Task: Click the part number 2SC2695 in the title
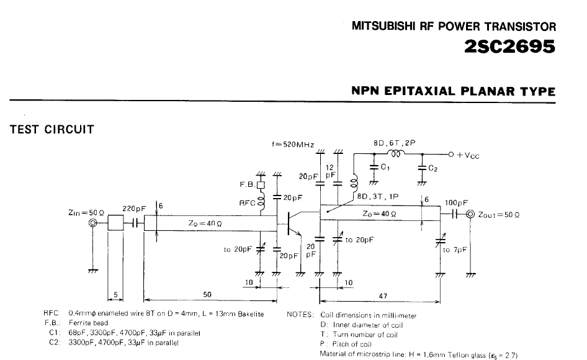tap(509, 47)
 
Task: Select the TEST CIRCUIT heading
tap(52, 130)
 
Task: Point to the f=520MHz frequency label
tap(293, 144)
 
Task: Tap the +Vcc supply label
tap(468, 155)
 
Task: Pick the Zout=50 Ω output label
tap(498, 215)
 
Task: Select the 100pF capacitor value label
tap(456, 203)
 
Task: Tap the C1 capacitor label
tap(385, 166)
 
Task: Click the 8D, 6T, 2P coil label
tap(394, 143)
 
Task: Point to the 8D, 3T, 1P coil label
tap(377, 196)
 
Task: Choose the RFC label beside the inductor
tap(247, 202)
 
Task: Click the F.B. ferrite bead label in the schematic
tap(246, 184)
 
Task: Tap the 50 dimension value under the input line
tap(207, 294)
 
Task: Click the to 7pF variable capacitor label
tap(455, 250)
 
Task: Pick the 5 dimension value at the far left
tap(115, 294)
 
